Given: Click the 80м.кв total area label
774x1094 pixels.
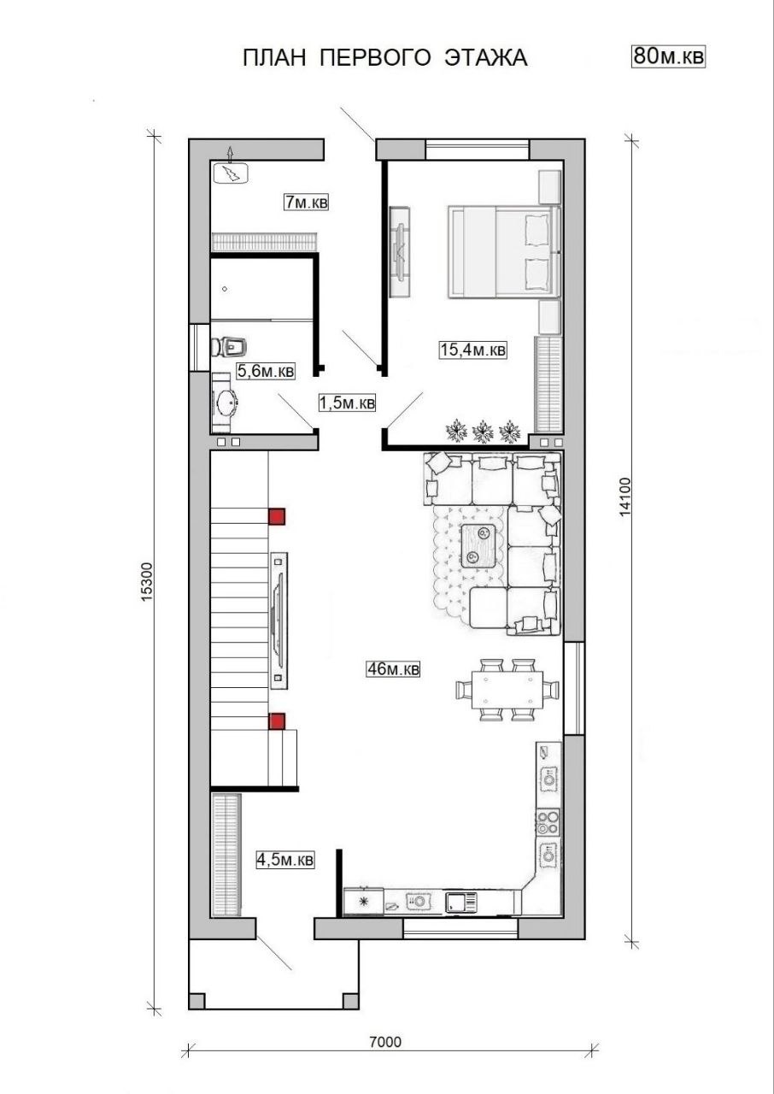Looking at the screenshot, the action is click(668, 56).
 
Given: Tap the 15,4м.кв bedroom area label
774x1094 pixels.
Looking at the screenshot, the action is click(473, 350).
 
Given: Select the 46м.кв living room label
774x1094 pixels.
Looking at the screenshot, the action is click(393, 668).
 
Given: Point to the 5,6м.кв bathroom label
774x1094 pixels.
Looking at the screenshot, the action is click(266, 371).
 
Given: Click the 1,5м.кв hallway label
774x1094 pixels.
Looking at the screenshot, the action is click(347, 403).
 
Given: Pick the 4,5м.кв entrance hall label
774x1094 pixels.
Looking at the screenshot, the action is click(285, 859).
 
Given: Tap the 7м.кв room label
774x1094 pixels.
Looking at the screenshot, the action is click(307, 202).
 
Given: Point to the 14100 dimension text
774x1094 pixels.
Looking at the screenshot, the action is click(625, 497).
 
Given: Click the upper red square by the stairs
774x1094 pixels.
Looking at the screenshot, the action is click(277, 516).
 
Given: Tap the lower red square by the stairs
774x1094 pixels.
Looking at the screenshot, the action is click(277, 721).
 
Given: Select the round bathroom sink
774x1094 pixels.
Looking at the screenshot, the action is click(226, 403).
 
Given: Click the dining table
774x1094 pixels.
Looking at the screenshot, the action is click(507, 690).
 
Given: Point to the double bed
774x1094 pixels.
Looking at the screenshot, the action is click(504, 251).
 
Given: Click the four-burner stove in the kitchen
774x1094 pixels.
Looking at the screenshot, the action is click(548, 822).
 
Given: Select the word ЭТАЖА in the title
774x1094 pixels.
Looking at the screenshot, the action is click(485, 57).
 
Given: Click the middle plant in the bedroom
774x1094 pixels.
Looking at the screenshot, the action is click(484, 431).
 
